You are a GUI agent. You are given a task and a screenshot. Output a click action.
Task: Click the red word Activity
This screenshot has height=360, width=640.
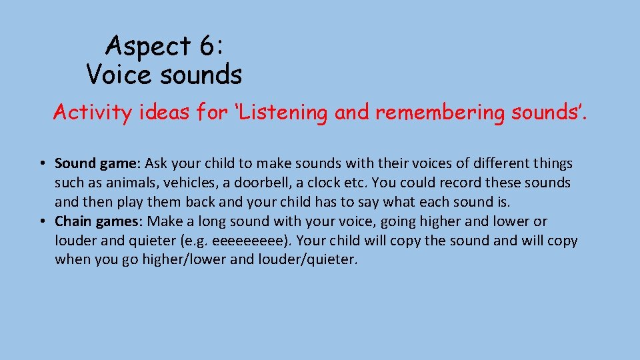coord(93,113)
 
